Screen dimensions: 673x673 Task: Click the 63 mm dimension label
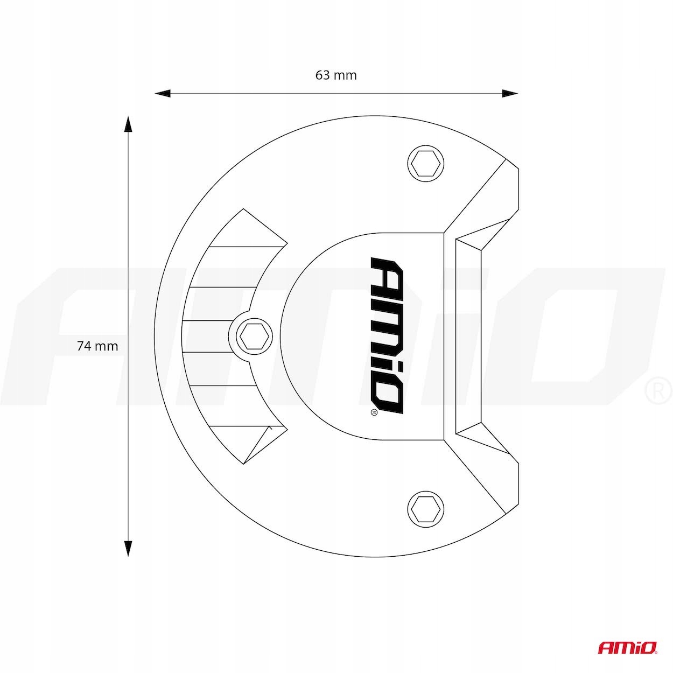point(336,75)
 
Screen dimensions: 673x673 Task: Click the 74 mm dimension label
point(97,346)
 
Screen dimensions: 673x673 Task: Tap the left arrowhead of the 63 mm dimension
point(163,93)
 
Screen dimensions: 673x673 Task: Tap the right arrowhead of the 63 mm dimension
point(509,93)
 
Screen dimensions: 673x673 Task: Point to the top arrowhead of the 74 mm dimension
point(129,124)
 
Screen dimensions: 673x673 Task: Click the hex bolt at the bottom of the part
point(426,509)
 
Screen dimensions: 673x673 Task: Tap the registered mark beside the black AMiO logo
point(374,412)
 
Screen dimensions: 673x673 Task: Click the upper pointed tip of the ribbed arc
point(243,209)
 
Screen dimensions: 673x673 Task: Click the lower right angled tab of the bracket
point(489,473)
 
